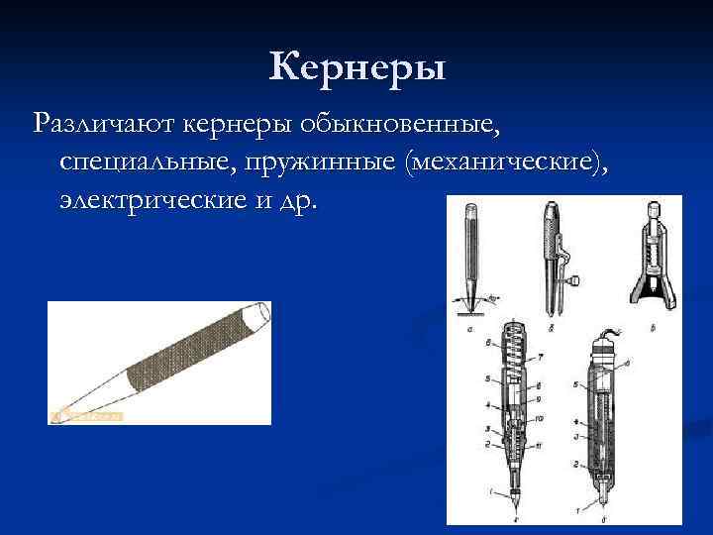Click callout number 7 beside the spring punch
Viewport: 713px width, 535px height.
click(541, 356)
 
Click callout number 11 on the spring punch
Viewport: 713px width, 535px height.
click(541, 446)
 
